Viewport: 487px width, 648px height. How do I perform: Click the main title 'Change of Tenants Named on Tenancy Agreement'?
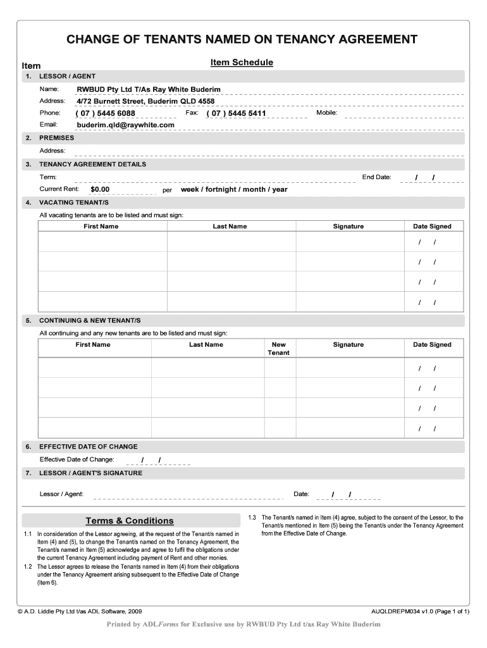(242, 40)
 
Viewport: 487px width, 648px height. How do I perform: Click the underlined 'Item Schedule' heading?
(242, 63)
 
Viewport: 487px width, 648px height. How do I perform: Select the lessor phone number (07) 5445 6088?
(106, 113)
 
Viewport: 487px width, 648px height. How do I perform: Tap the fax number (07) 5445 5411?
(237, 113)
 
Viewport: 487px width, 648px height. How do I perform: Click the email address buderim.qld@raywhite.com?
(125, 125)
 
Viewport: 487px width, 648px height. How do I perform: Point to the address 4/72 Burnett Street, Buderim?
(145, 101)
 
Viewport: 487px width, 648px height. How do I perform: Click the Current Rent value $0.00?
(100, 189)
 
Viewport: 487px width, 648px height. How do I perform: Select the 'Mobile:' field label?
(326, 113)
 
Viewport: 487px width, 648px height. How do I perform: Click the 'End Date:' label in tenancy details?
(376, 177)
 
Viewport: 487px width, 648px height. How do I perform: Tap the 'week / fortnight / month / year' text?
(234, 189)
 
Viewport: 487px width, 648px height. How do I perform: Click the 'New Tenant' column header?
(278, 349)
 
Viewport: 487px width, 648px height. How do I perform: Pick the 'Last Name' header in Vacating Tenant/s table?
(230, 227)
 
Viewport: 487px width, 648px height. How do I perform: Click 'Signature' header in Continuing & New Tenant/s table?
(348, 345)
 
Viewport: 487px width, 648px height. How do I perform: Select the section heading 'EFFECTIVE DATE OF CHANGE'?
(88, 447)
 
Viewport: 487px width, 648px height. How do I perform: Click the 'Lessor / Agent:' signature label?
(61, 494)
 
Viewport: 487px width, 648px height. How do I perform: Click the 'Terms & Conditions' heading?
(130, 521)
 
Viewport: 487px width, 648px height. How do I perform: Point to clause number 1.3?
(252, 518)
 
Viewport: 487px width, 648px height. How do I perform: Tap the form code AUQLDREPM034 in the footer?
(396, 612)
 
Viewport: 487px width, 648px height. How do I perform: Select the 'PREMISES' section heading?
(56, 138)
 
